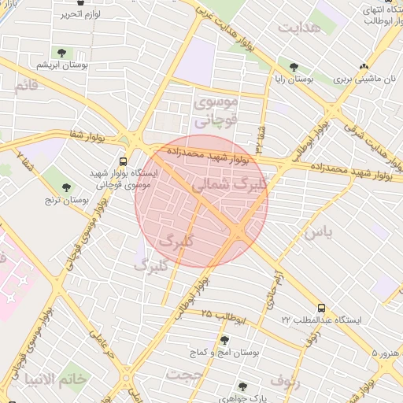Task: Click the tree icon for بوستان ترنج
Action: (x=66, y=187)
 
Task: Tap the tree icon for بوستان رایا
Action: (x=294, y=67)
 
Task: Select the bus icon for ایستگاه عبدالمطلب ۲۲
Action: (x=321, y=308)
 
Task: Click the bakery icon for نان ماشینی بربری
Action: (x=363, y=67)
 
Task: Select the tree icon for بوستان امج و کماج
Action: (x=225, y=340)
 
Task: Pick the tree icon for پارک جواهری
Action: (x=242, y=386)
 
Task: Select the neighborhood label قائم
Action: (x=25, y=85)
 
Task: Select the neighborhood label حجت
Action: (x=183, y=375)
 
